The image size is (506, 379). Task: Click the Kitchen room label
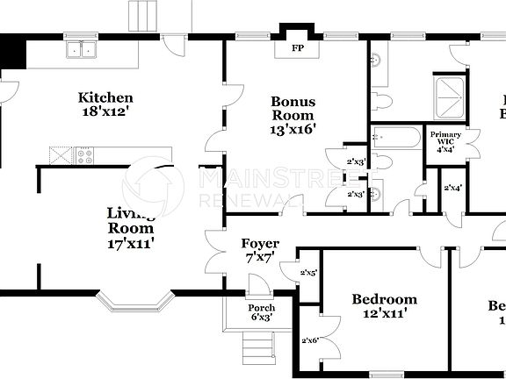click(x=105, y=97)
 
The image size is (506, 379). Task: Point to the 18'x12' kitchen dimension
click(x=105, y=111)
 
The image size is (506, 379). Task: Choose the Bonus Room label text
click(x=293, y=108)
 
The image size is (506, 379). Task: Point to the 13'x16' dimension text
click(x=293, y=129)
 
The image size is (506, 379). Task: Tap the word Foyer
click(x=260, y=243)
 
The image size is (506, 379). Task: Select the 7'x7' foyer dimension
click(x=260, y=259)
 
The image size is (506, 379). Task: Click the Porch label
click(x=262, y=308)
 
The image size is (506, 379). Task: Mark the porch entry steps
click(x=255, y=350)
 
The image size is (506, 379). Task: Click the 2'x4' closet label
click(x=453, y=187)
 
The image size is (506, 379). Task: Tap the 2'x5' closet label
click(x=308, y=273)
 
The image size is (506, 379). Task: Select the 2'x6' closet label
click(x=308, y=340)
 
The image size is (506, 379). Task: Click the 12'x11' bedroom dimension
click(x=384, y=314)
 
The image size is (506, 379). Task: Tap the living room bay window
click(x=134, y=303)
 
